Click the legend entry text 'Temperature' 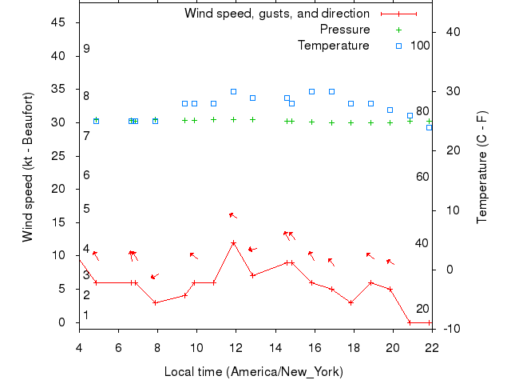click(x=334, y=46)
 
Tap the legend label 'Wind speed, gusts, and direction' click(x=277, y=14)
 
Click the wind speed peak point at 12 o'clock click(x=233, y=242)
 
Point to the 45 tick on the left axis click(x=58, y=22)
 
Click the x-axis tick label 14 click(x=275, y=347)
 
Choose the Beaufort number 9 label click(x=86, y=50)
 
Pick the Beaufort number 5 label click(x=86, y=209)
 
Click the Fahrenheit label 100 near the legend click(x=420, y=46)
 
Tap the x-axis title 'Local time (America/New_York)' click(x=253, y=372)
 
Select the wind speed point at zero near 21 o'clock click(x=410, y=322)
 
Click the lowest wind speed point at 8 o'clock click(x=156, y=302)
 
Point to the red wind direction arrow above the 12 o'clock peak click(x=233, y=215)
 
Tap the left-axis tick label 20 click(x=58, y=189)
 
